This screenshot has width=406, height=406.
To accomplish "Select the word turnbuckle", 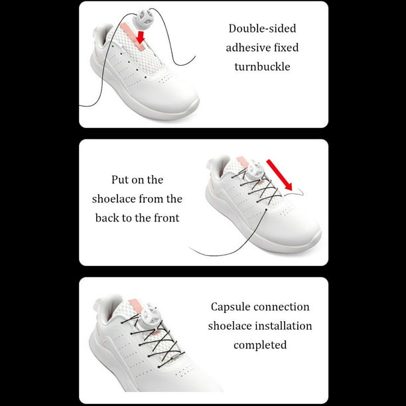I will [x=262, y=67].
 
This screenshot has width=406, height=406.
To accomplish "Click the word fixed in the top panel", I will [x=287, y=48].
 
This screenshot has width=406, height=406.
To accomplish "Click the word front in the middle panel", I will [x=166, y=218].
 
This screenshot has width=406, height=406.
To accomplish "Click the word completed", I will [x=260, y=345].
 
